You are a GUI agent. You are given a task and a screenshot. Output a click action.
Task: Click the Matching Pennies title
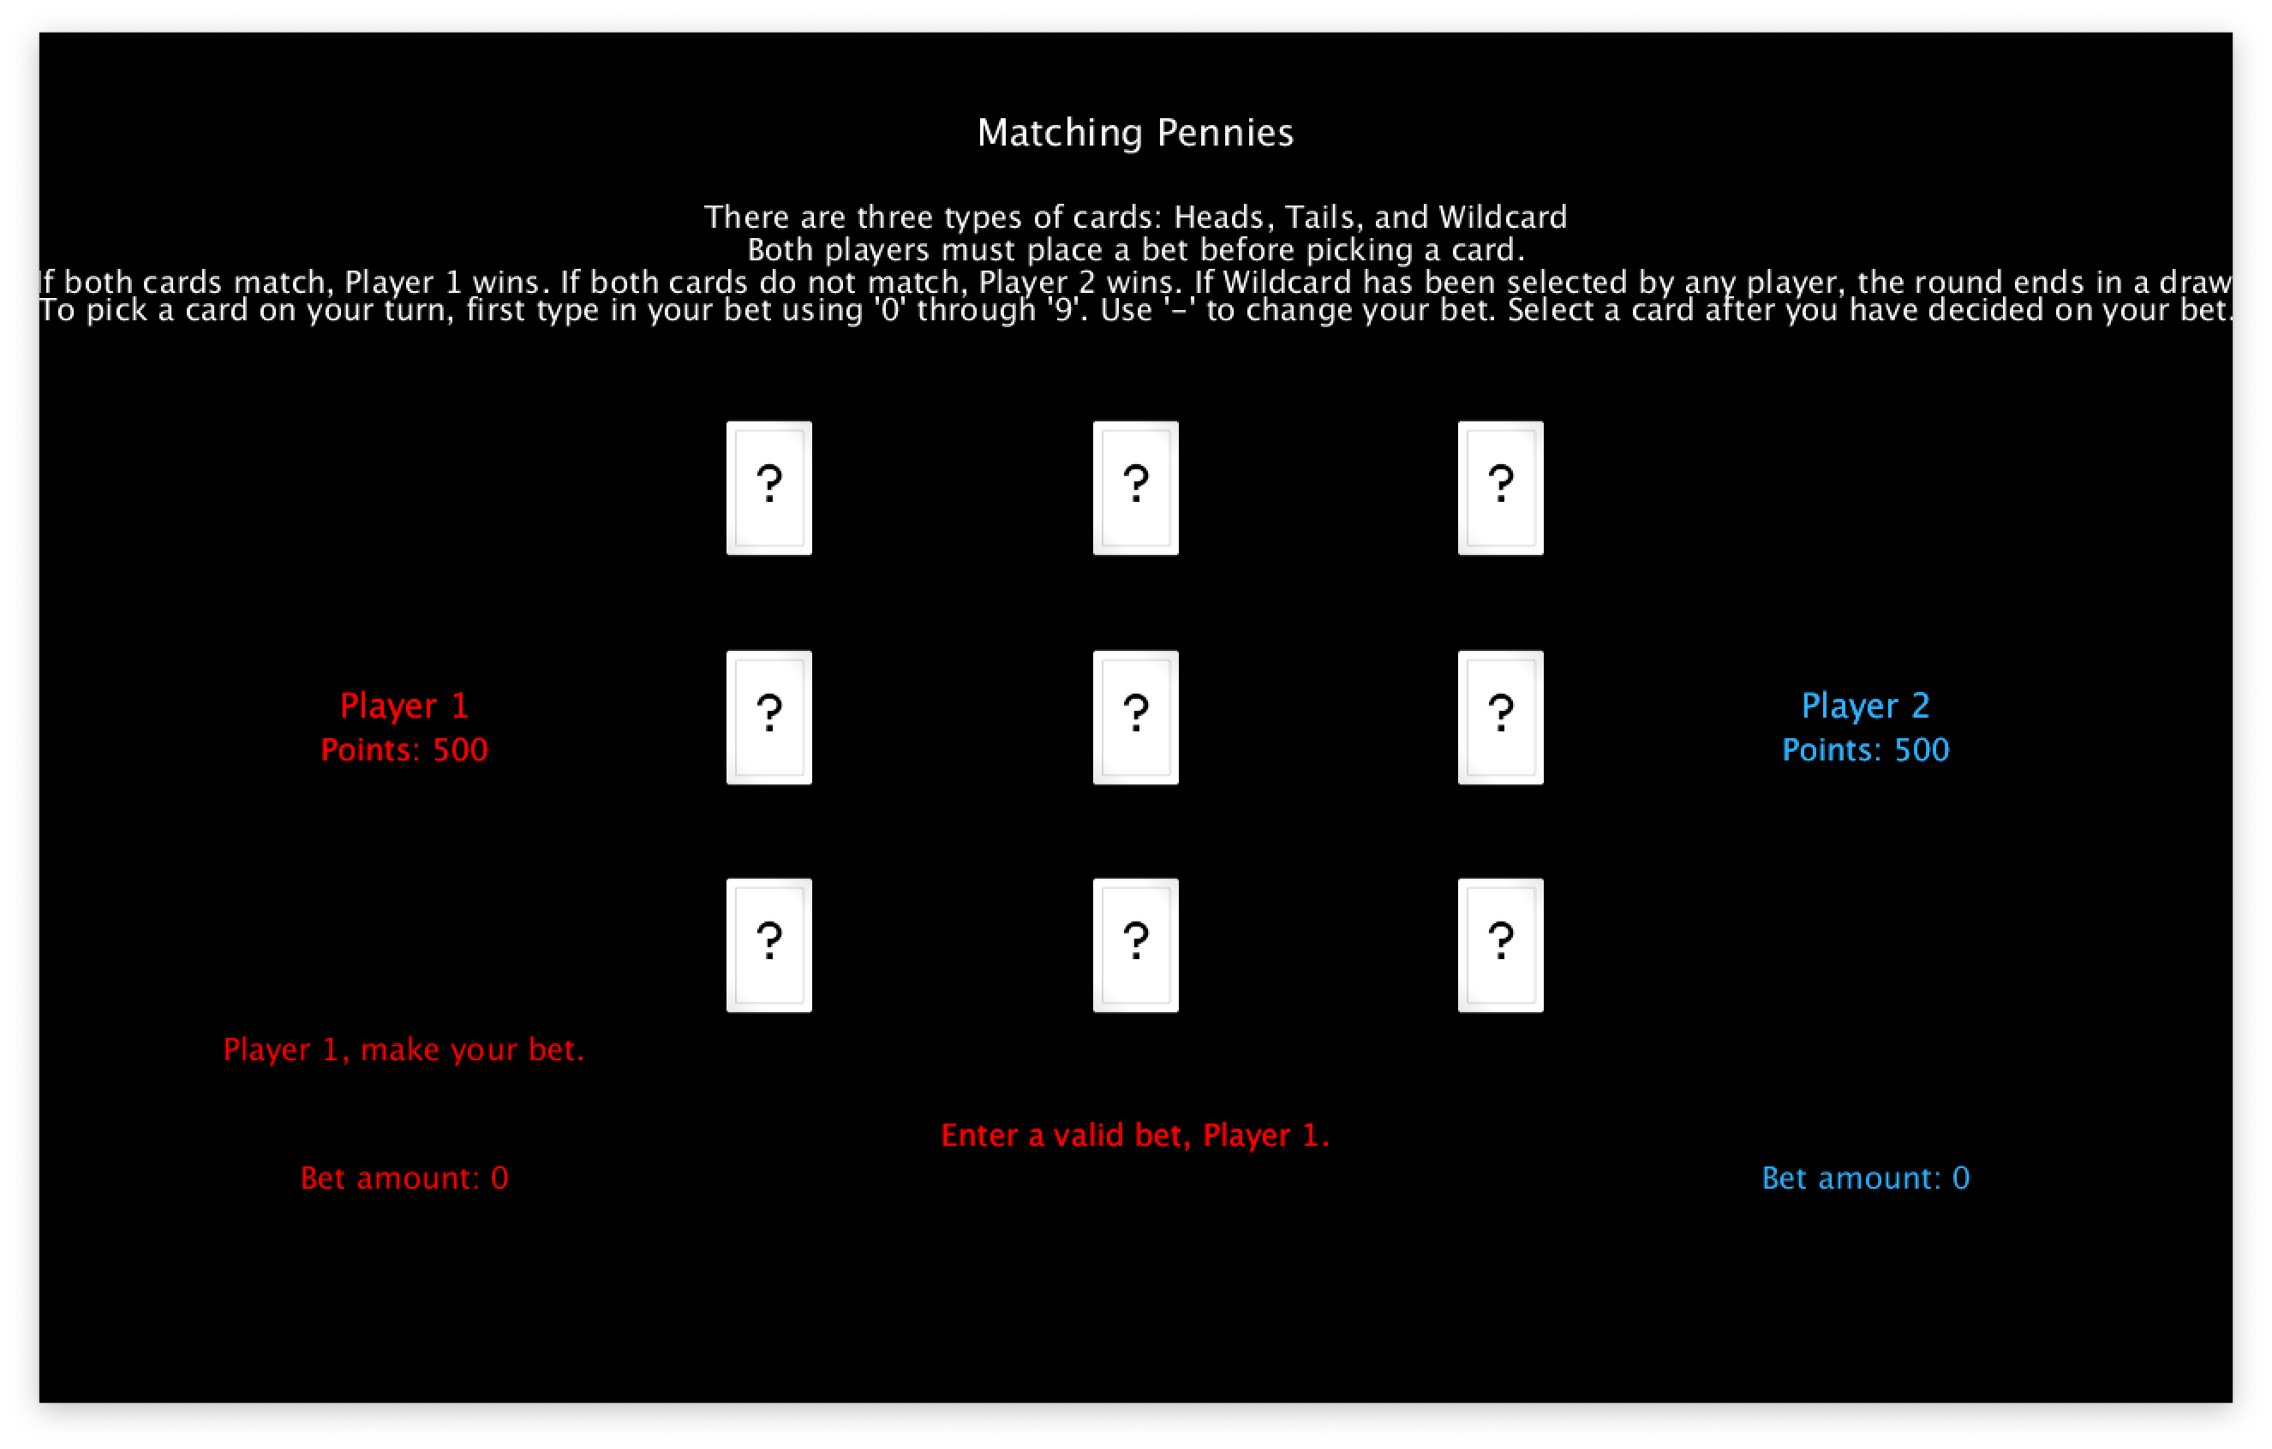coord(1135,133)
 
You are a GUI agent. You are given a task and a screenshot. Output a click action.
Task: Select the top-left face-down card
coord(769,488)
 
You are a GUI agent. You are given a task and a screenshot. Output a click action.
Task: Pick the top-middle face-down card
coord(1135,488)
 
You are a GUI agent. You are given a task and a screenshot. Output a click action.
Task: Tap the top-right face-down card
coord(1500,488)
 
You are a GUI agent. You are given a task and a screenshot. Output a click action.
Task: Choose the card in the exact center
coord(1135,717)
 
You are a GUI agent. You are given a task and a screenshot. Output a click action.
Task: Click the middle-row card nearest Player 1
coord(769,717)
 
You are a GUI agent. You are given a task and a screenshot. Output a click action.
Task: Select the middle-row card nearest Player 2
coord(1500,717)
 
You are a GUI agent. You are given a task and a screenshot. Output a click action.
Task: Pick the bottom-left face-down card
coord(769,945)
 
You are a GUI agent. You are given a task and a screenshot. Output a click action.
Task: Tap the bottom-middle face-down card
coord(1135,945)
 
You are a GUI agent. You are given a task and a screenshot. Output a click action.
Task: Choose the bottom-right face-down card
coord(1500,945)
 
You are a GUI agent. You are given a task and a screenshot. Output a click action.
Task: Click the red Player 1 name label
coord(404,706)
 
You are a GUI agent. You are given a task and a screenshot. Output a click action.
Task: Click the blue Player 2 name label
coord(1865,706)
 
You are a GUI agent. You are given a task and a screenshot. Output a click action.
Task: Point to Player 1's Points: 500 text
coord(404,750)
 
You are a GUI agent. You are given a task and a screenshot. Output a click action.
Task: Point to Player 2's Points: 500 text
coord(1865,750)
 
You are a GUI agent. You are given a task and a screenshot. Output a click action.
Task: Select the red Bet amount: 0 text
coord(404,1178)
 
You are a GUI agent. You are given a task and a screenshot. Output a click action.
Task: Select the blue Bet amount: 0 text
coord(1865,1178)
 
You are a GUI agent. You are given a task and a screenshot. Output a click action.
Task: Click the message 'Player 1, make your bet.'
coord(404,1050)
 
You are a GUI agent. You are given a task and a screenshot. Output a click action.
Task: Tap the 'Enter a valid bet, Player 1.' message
coord(1135,1136)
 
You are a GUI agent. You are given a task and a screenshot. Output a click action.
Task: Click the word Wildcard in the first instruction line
coord(1502,218)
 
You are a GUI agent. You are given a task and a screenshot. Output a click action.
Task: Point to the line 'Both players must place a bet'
coord(1135,251)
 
